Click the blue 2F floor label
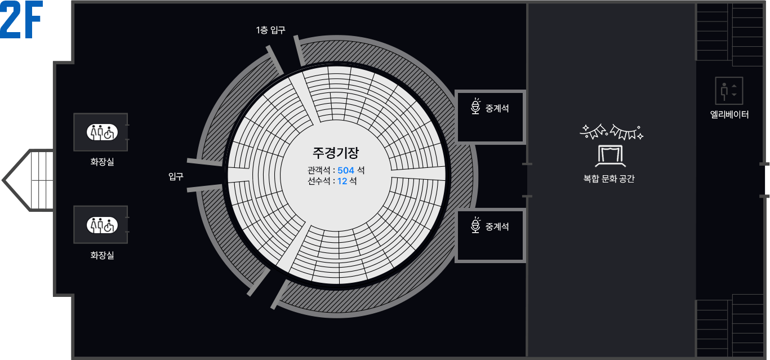pos(22,23)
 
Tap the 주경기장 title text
pos(336,153)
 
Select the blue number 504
pos(346,170)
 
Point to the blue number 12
pos(342,181)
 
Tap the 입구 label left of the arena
pos(176,177)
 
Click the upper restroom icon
pos(101,132)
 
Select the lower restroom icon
pos(101,225)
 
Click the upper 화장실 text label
pos(102,162)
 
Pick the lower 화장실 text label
pos(102,255)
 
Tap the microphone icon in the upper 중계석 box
pos(476,106)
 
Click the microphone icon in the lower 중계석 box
pos(476,225)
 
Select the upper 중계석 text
pos(497,108)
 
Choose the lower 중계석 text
pos(497,226)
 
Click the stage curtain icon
pos(612,154)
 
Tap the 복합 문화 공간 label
pos(609,179)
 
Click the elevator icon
pos(729,91)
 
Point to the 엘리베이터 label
pos(729,115)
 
